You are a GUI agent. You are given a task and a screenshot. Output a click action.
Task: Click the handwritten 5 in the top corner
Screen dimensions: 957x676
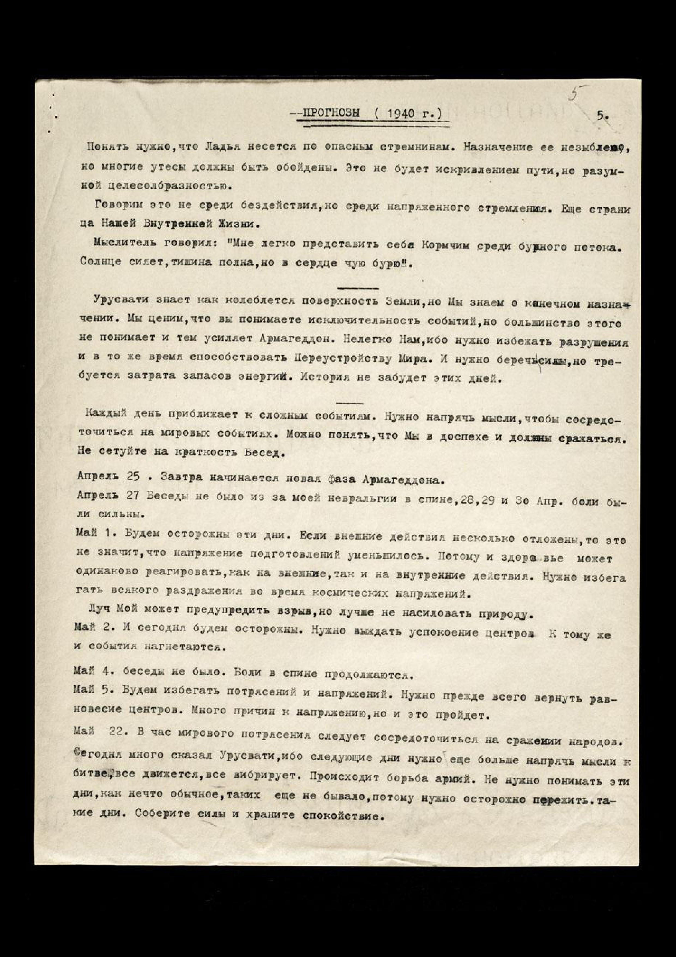[575, 95]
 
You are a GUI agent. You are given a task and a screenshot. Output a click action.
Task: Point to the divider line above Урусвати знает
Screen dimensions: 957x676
[358, 288]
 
